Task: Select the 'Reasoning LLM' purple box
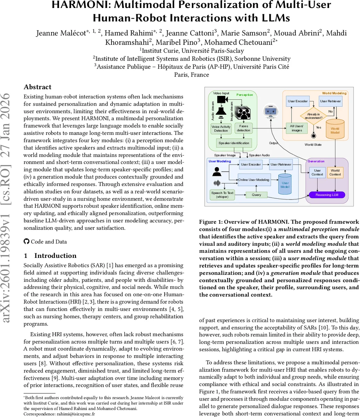click(x=327, y=195)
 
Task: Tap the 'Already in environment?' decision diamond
click(x=313, y=115)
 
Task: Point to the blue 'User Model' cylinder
click(x=285, y=184)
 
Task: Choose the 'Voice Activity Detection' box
click(x=221, y=129)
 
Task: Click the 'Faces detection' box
click(x=243, y=129)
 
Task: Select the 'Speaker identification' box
click(x=233, y=143)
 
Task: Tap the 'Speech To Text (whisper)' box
click(x=222, y=195)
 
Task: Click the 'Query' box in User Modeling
click(x=256, y=195)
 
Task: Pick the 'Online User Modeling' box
click(x=253, y=180)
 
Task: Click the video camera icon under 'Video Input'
click(x=222, y=100)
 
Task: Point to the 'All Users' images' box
click(x=296, y=128)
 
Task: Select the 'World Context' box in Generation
click(x=335, y=172)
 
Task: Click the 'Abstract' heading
click(x=37, y=87)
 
